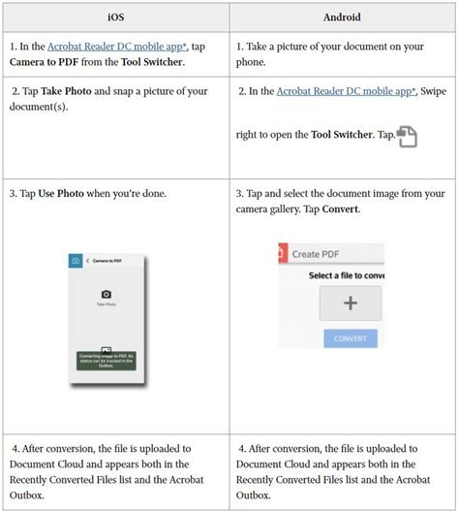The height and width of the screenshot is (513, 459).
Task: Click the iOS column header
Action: pos(115,16)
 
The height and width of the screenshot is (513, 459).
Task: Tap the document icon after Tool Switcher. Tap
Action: pos(408,136)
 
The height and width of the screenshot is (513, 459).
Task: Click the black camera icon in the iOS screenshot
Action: pos(107,294)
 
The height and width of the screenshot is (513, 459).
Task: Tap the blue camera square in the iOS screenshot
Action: pos(76,261)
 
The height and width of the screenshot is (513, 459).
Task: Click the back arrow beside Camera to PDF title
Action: pos(88,261)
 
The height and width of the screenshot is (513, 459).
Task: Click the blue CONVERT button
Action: pos(350,338)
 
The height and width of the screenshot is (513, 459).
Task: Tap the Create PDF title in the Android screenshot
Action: pos(321,253)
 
